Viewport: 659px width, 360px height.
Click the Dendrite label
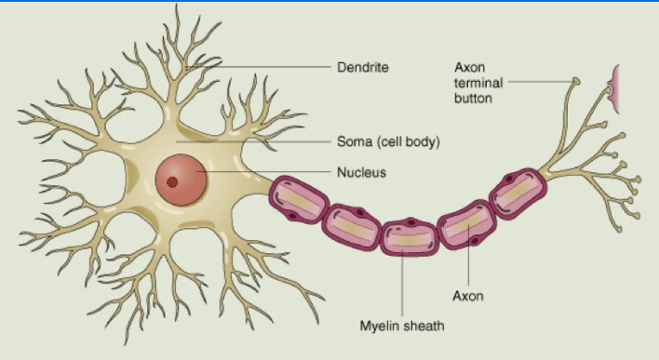(363, 67)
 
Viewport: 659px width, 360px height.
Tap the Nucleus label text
(361, 172)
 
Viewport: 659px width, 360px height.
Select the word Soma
(355, 141)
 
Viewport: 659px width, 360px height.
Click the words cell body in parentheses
(408, 142)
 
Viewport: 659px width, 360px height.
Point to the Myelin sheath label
(402, 326)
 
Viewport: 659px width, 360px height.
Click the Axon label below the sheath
(468, 296)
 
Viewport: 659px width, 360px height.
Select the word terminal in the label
(478, 83)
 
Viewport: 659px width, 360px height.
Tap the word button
(473, 99)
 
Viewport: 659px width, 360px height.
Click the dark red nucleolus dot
(172, 182)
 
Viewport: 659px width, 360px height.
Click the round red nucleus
(182, 180)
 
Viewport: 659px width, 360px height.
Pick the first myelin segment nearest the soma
(299, 200)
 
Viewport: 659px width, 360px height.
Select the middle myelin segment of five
(410, 236)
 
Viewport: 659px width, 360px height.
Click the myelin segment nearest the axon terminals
(518, 193)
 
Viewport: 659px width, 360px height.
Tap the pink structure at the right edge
(613, 89)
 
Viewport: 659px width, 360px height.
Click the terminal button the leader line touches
(577, 81)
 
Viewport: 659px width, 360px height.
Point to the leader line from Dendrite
(259, 67)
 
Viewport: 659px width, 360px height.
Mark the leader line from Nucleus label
(264, 171)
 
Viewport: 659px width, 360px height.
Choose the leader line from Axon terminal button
(542, 81)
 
